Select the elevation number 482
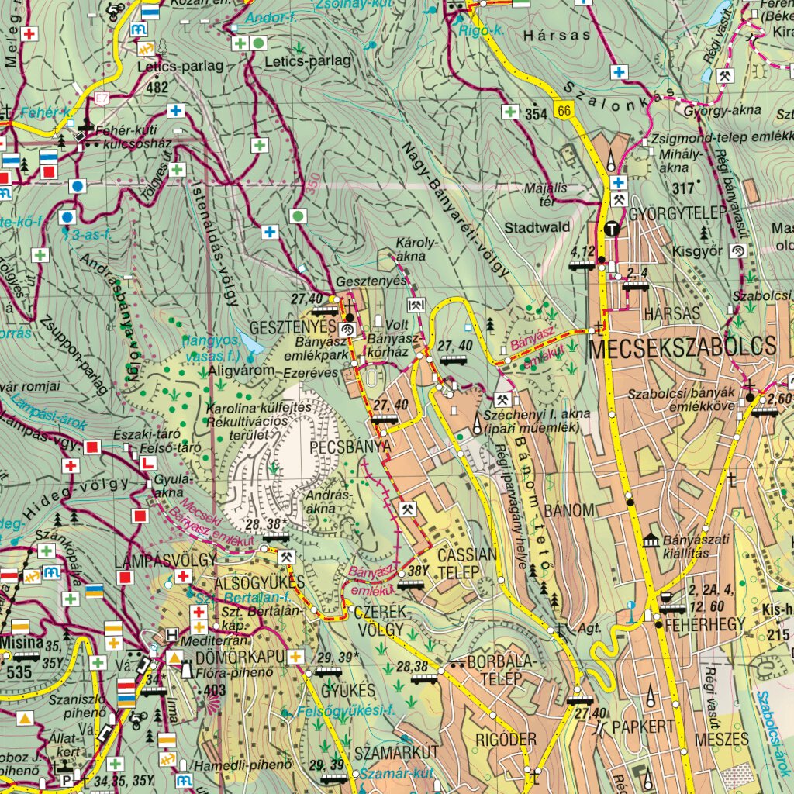(x=157, y=88)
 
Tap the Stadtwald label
(x=537, y=228)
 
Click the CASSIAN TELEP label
(x=467, y=564)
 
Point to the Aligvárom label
(x=242, y=371)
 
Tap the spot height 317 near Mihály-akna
(x=682, y=188)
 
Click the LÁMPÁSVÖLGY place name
(x=152, y=560)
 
